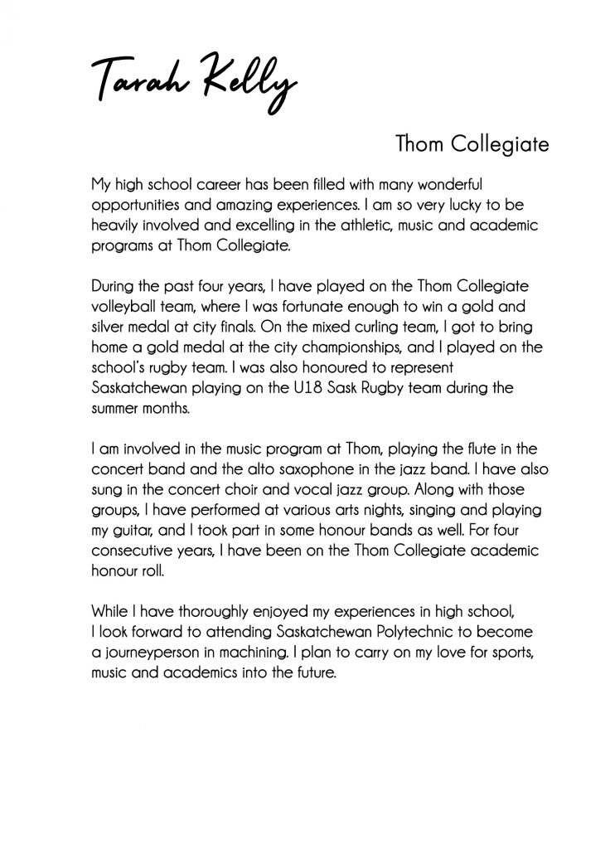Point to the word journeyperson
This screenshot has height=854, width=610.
coord(155,654)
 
